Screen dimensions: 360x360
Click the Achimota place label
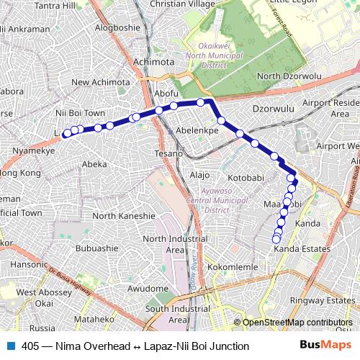pyautogui.click(x=154, y=63)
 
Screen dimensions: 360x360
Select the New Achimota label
pyautogui.click(x=100, y=82)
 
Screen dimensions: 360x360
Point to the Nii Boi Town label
pyautogui.click(x=80, y=114)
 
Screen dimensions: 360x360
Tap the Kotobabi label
pyautogui.click(x=248, y=176)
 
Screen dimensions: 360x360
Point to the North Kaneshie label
pyautogui.click(x=123, y=215)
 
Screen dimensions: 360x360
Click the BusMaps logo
pyautogui.click(x=326, y=346)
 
